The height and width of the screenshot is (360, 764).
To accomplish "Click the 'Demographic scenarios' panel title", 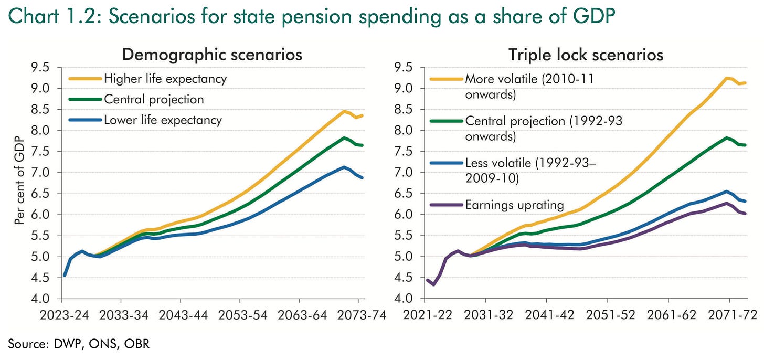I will point(212,55).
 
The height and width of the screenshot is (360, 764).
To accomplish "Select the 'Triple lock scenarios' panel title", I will point(586,55).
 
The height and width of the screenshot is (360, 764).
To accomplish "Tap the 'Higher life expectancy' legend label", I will point(165,79).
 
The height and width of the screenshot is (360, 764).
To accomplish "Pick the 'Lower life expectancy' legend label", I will point(163,120).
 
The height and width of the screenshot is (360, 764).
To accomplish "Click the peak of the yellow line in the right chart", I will point(726,78).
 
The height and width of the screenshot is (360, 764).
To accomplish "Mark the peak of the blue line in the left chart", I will point(344,167).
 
